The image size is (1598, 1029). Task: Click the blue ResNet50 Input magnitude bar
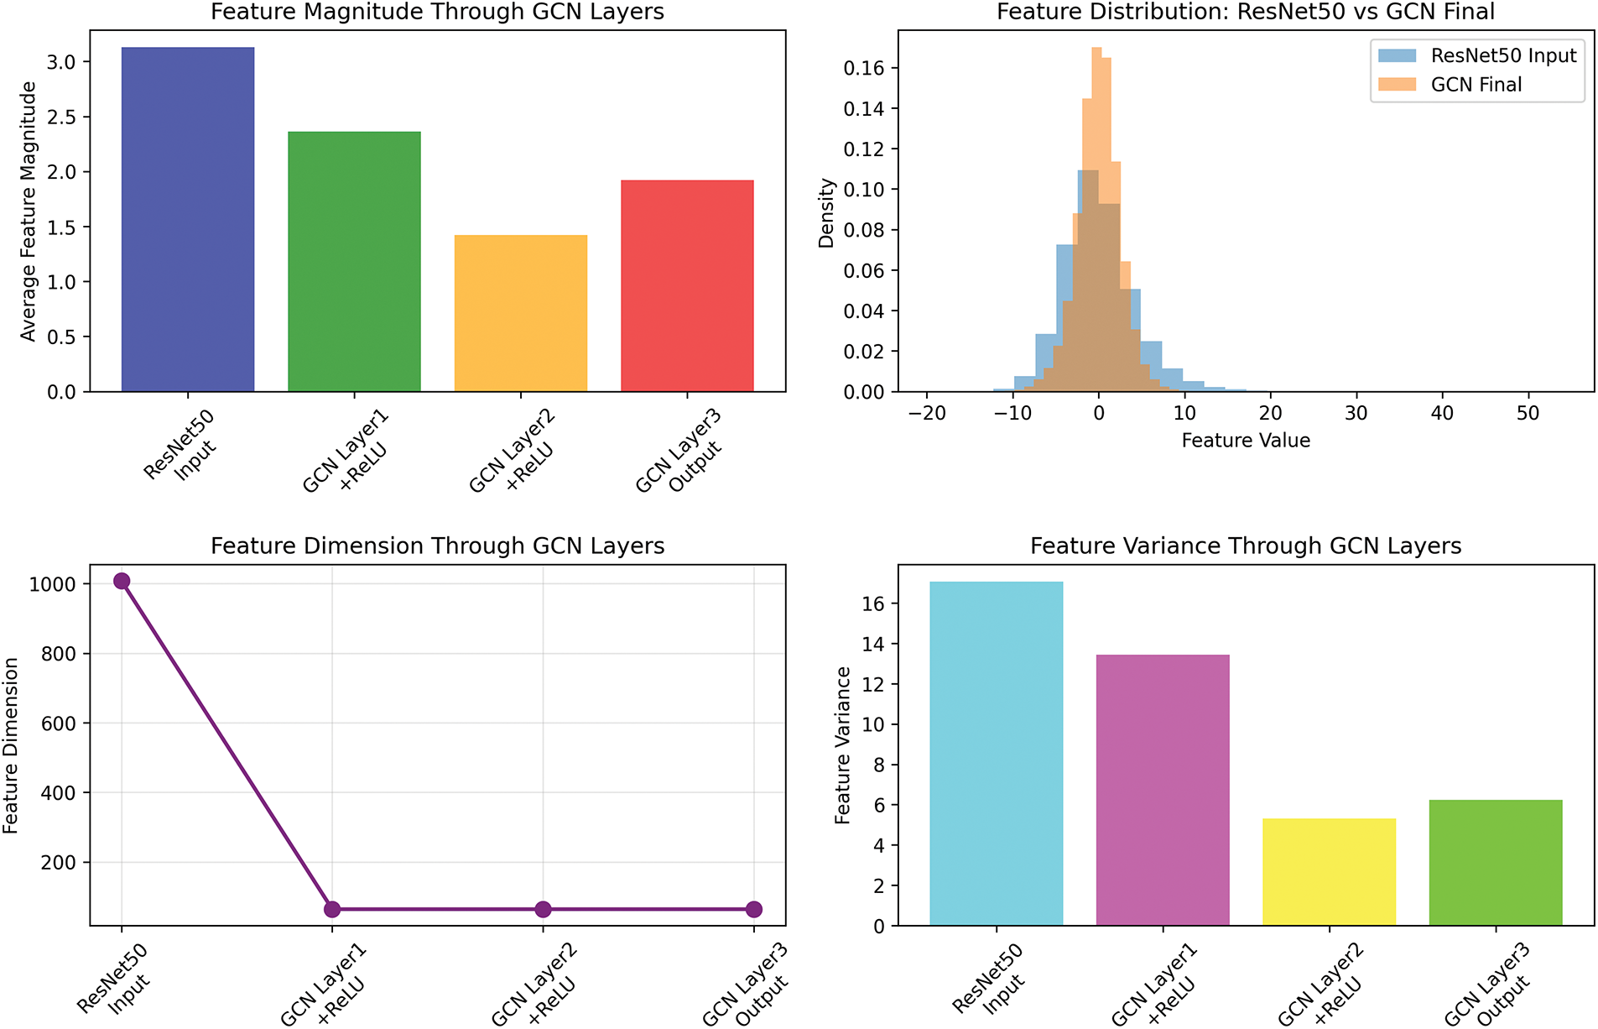click(x=188, y=220)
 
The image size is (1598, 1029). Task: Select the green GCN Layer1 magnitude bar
click(x=354, y=262)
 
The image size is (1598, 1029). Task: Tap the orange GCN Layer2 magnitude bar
click(x=520, y=313)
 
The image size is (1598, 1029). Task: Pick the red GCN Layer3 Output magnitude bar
click(x=687, y=286)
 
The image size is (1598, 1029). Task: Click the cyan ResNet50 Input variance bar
click(x=996, y=754)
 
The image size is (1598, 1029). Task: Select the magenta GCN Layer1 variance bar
click(x=1163, y=790)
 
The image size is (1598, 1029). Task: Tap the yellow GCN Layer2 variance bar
click(x=1329, y=872)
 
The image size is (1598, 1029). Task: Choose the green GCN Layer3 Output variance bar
click(x=1496, y=863)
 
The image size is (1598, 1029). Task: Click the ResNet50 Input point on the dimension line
click(x=122, y=581)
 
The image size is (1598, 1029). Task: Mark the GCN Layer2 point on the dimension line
click(x=543, y=909)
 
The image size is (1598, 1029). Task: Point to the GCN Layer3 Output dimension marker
click(x=753, y=909)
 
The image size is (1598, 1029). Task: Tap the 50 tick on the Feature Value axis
click(x=1528, y=413)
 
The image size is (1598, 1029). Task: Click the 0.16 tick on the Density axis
click(x=864, y=68)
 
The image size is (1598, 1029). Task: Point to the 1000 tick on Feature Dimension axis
click(x=52, y=584)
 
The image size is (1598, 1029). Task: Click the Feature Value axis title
click(x=1246, y=441)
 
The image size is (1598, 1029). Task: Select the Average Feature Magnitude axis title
click(x=29, y=212)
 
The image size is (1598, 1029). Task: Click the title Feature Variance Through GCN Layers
click(x=1246, y=546)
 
